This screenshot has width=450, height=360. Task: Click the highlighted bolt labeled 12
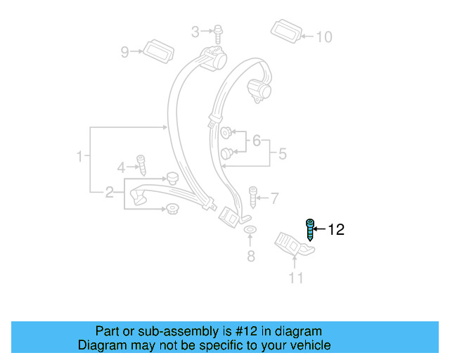tap(309, 229)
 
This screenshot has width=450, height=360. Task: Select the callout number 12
tap(337, 229)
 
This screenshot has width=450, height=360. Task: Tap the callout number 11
tap(296, 278)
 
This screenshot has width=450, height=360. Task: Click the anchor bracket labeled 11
tap(292, 245)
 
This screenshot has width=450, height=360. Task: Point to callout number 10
tap(323, 37)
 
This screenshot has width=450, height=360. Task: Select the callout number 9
tap(125, 51)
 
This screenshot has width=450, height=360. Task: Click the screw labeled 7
tap(252, 197)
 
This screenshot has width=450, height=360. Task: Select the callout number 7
tap(275, 198)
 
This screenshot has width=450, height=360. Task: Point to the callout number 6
tap(257, 141)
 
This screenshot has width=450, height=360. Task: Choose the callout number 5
tap(283, 153)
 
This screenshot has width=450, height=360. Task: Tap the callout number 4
tap(120, 167)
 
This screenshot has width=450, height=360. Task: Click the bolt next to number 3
tap(217, 32)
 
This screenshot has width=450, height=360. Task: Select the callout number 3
tap(196, 31)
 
